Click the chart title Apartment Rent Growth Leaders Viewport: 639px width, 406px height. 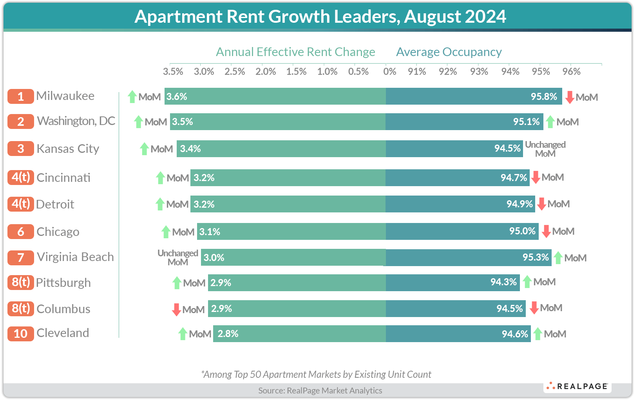point(320,17)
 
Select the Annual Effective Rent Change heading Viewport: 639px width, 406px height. point(295,52)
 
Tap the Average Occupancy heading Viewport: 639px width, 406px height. point(449,52)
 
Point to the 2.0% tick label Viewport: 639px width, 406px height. point(266,72)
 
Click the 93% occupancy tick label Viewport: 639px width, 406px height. point(479,72)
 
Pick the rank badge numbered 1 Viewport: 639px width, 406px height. point(21,96)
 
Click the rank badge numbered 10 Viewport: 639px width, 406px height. point(21,333)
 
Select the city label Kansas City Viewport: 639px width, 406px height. point(68,149)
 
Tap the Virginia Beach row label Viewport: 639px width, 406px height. point(75,257)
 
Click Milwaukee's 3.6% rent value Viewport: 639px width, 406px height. point(177,97)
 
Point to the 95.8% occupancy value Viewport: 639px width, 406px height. point(544,97)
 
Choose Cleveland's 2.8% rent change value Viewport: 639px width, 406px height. point(228,334)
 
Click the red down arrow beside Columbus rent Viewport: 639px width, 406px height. point(176,310)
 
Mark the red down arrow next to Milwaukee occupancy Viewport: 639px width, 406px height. point(570,97)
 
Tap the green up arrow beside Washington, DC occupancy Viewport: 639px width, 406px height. point(550,122)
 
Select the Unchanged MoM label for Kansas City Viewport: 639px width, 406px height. point(545,149)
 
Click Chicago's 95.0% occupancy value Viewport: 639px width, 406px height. point(522,231)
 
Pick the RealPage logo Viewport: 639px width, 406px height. point(577,386)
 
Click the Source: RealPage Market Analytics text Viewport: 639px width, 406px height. point(320,390)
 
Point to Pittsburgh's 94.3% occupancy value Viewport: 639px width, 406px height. point(503,282)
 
